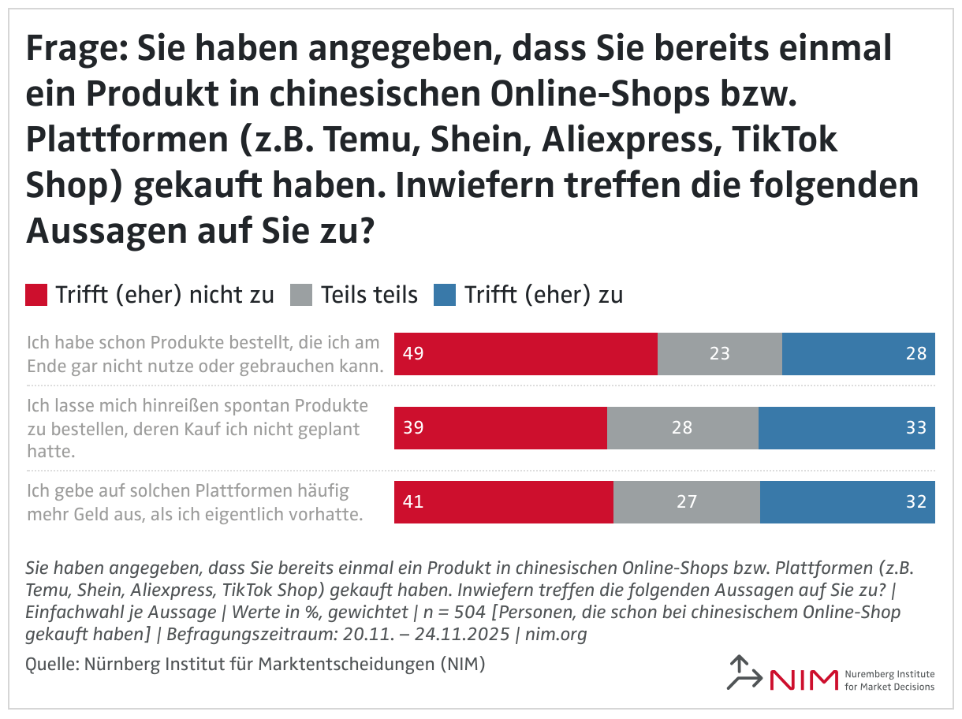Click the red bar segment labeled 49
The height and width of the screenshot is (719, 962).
click(x=525, y=354)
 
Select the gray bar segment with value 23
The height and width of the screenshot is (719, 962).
click(x=719, y=354)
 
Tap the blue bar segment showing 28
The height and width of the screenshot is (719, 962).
click(x=858, y=354)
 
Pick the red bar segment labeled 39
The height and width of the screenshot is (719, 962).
click(x=500, y=428)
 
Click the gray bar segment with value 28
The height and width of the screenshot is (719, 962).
click(x=682, y=428)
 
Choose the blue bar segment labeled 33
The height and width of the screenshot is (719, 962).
click(x=846, y=428)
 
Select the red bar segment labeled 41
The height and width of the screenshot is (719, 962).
click(x=503, y=502)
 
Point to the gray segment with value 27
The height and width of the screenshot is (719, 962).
click(x=686, y=502)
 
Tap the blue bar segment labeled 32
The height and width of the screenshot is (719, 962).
click(x=847, y=502)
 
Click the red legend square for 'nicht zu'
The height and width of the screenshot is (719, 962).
click(x=37, y=295)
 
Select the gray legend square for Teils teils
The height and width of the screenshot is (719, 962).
click(x=302, y=295)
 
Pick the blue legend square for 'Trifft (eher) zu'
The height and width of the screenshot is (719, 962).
click(x=445, y=295)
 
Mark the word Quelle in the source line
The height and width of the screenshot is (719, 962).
click(x=49, y=664)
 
